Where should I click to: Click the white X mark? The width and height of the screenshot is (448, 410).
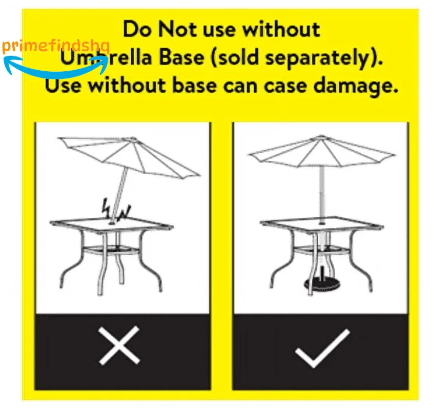[119, 346]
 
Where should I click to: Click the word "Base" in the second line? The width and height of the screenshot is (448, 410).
[182, 57]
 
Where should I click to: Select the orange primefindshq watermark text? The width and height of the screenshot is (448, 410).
[56, 46]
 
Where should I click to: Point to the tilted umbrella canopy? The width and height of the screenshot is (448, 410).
[129, 156]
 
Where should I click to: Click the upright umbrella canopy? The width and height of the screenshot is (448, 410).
[322, 152]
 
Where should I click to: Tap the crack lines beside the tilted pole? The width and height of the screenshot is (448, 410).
[116, 211]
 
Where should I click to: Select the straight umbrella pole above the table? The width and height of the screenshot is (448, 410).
[322, 194]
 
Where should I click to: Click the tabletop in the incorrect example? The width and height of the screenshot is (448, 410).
[111, 224]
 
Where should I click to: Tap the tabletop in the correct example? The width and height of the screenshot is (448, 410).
[322, 224]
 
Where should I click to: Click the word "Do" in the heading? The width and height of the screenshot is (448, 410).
[137, 29]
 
